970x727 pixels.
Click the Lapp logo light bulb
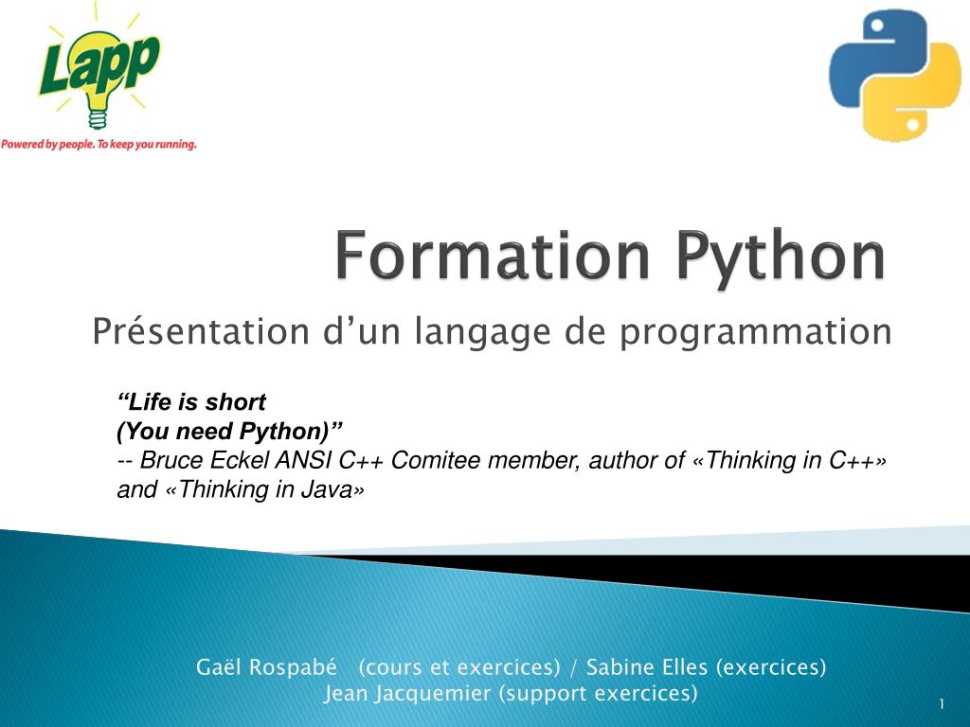point(98,80)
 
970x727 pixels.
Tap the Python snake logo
point(894,75)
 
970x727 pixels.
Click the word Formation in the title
point(493,256)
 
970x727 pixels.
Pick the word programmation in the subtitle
point(756,332)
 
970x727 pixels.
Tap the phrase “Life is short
point(191,401)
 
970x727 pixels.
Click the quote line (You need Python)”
point(229,431)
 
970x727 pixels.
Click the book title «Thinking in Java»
point(265,489)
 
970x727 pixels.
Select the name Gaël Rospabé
point(266,667)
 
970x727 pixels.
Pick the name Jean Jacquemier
point(407,693)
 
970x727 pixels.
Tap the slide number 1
point(942,704)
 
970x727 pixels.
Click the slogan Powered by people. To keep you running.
point(99,144)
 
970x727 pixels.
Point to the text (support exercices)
point(599,693)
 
